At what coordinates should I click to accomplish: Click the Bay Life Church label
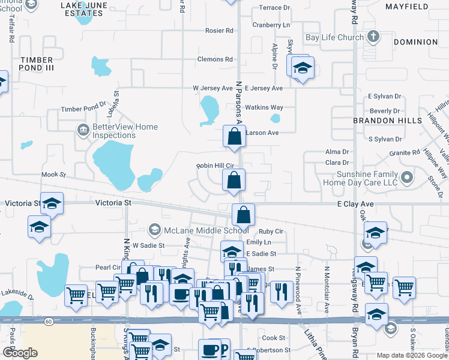(x=334, y=37)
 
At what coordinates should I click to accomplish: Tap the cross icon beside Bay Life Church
(x=373, y=37)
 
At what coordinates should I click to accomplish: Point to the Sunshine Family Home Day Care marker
(x=408, y=177)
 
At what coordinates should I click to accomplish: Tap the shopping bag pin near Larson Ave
(x=234, y=137)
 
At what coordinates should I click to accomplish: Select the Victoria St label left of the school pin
(x=22, y=203)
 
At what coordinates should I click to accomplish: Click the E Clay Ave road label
(x=355, y=204)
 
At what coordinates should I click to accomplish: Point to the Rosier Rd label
(x=219, y=31)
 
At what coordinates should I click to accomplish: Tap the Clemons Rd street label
(x=215, y=59)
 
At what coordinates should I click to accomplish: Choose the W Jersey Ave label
(x=212, y=88)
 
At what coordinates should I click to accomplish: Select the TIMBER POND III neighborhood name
(x=37, y=64)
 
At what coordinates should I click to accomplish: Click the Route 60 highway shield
(x=49, y=322)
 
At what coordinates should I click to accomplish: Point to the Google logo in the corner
(x=19, y=353)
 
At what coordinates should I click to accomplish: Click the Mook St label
(x=53, y=175)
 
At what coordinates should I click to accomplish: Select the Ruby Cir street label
(x=271, y=231)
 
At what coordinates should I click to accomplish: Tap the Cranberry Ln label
(x=271, y=25)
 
